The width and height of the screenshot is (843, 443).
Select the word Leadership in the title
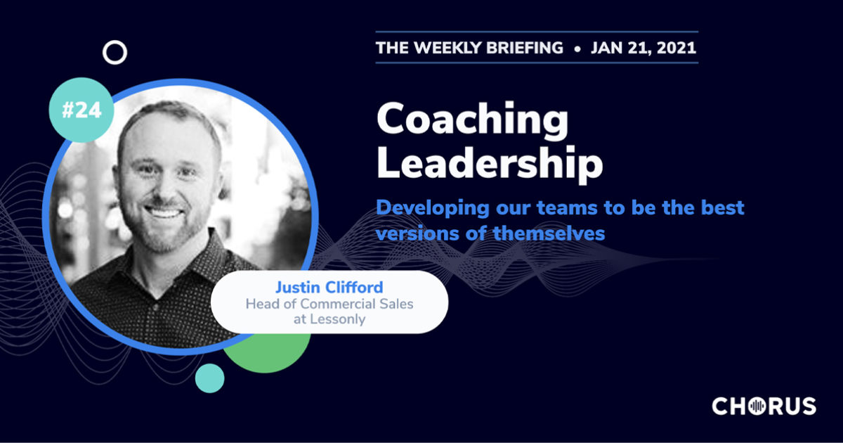click(x=490, y=165)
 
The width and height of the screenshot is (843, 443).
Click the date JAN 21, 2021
click(x=644, y=48)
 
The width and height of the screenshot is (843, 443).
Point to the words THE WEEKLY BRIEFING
click(x=469, y=48)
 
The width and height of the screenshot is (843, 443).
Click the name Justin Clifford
click(x=329, y=287)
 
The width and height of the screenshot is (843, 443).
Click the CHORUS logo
click(x=764, y=406)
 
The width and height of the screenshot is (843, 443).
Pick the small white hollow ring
click(x=115, y=52)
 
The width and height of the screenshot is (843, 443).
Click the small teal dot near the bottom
click(x=209, y=378)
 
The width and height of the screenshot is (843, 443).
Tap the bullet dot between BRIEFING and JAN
click(x=577, y=49)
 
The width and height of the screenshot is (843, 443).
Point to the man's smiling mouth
click(x=164, y=211)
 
